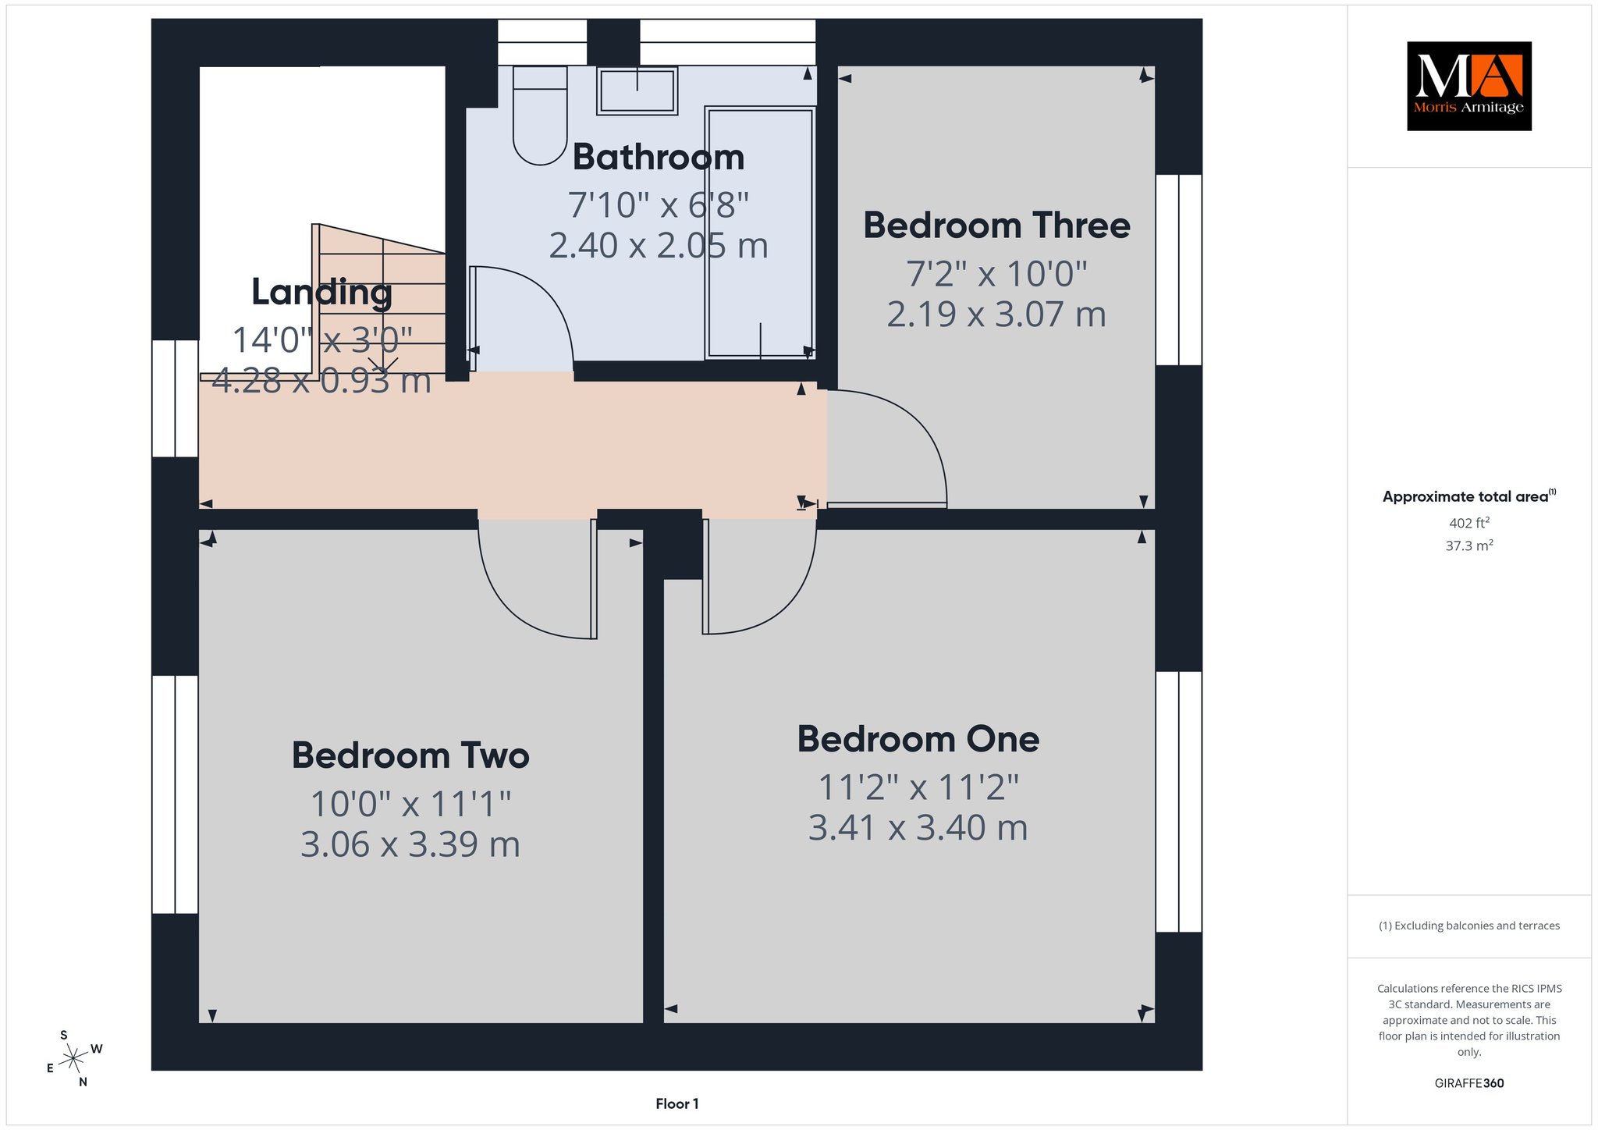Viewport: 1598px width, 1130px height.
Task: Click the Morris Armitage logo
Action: [x=1468, y=86]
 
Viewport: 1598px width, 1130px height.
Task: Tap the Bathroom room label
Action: [x=659, y=158]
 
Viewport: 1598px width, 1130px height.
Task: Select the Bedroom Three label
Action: [x=996, y=226]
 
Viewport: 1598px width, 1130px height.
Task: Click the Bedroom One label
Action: [x=918, y=739]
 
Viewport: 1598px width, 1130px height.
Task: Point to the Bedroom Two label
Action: [x=410, y=755]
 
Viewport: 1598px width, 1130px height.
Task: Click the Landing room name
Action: [x=321, y=293]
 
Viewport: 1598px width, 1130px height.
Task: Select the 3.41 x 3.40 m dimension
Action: [x=918, y=828]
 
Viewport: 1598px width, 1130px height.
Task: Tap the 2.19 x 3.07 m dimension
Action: [x=996, y=314]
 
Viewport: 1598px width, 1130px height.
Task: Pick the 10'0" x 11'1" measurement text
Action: [x=410, y=804]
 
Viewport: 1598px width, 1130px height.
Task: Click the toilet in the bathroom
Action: [x=540, y=115]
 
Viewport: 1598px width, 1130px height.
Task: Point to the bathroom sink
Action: [x=637, y=91]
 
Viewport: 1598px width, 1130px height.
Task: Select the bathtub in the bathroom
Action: [x=760, y=233]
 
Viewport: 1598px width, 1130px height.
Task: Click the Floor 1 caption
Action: [x=677, y=1103]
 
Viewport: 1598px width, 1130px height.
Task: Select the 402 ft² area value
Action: [x=1469, y=523]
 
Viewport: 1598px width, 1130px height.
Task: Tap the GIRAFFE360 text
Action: [x=1469, y=1083]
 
